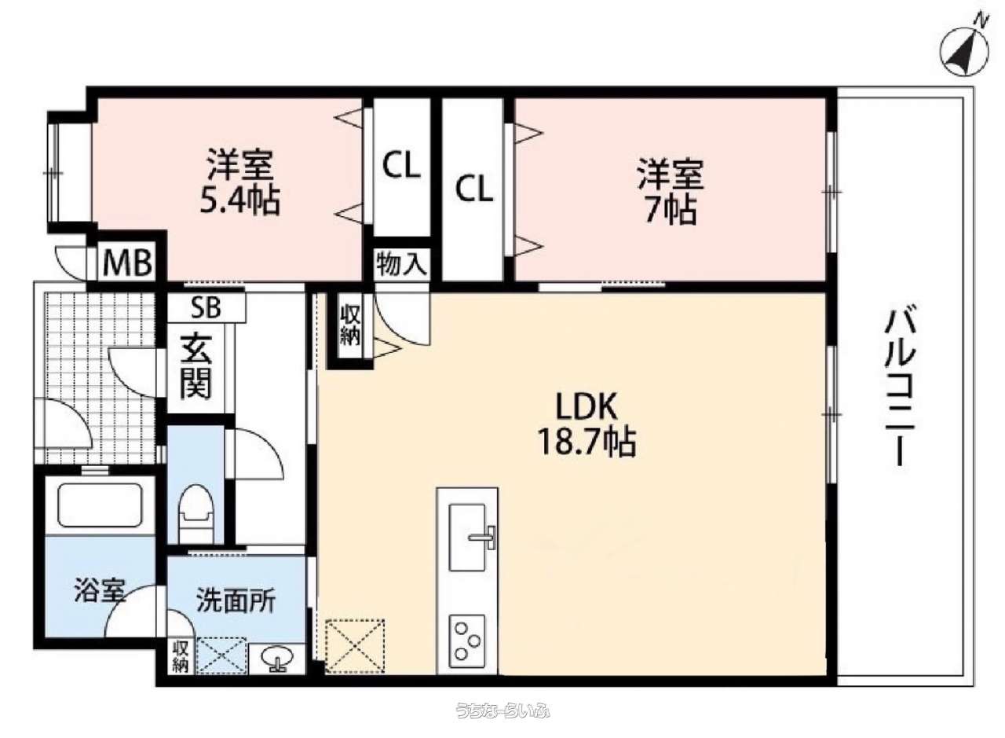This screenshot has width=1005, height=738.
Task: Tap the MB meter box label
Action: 127,263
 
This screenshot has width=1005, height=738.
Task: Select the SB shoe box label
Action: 206,307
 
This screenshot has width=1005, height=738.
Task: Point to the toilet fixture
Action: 196,513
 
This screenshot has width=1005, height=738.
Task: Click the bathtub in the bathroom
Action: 100,505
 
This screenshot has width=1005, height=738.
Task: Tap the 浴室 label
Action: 100,591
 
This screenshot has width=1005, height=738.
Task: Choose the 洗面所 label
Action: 236,600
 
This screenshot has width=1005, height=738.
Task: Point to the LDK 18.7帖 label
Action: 587,424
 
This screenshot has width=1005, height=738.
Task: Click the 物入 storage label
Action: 401,263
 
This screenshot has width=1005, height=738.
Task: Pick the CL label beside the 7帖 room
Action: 474,189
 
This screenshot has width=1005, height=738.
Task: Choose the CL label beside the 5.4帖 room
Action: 401,165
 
